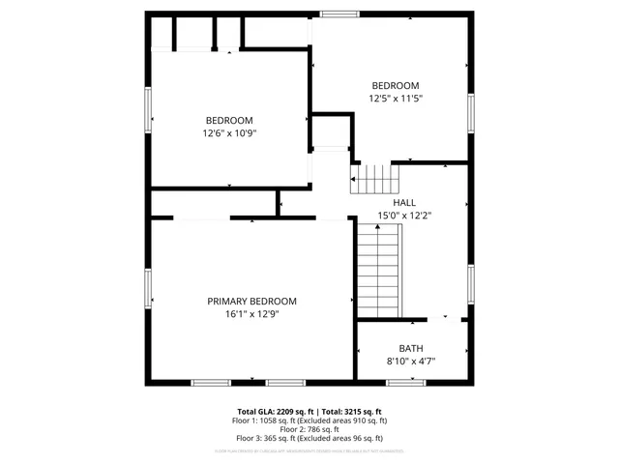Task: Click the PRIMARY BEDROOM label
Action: [251, 301]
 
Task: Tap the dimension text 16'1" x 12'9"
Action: [251, 313]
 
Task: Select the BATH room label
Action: [411, 349]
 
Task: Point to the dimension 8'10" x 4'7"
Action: [411, 362]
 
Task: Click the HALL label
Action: [391, 202]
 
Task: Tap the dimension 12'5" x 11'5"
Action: [396, 98]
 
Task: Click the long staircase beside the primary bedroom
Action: [379, 271]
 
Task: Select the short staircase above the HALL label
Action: [375, 179]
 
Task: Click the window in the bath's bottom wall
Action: [406, 383]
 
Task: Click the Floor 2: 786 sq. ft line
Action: [309, 428]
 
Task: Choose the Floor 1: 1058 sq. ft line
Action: [309, 420]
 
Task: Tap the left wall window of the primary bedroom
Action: [148, 287]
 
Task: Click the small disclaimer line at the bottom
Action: [309, 450]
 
